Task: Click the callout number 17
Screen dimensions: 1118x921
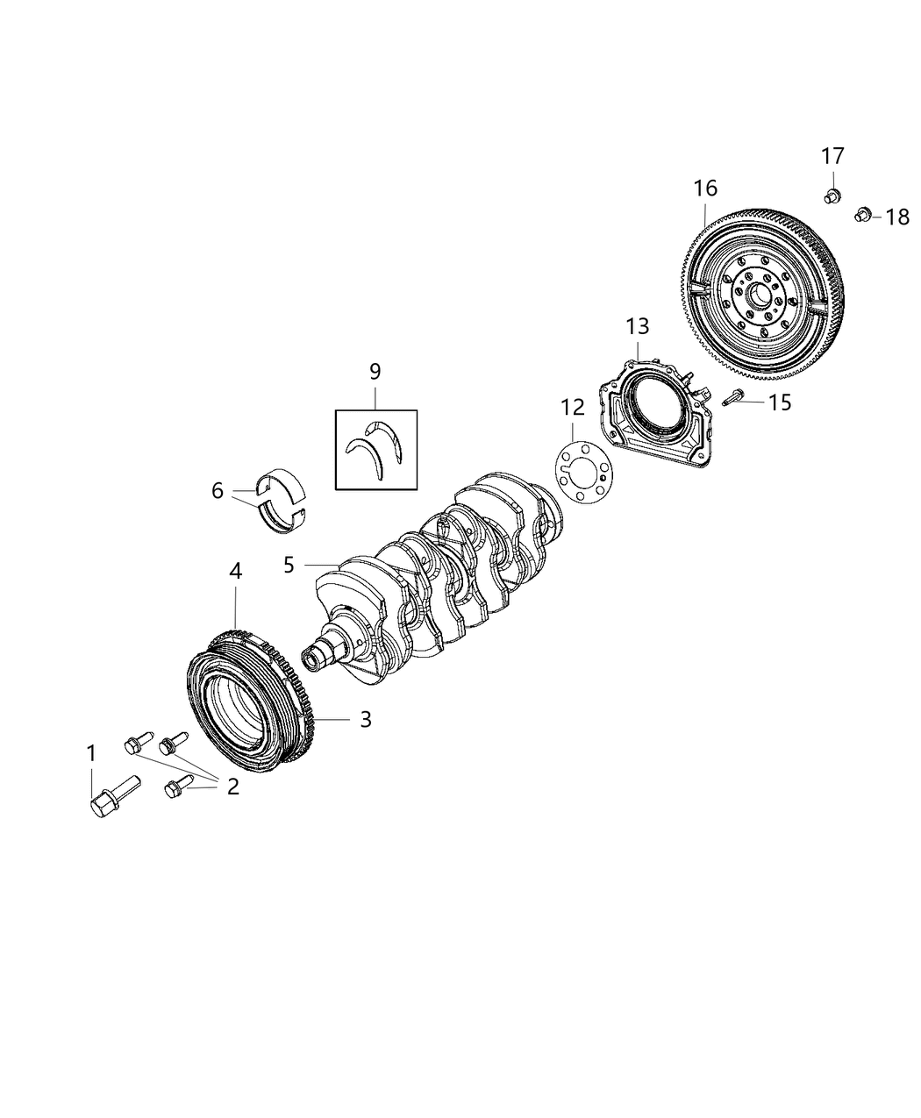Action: pyautogui.click(x=832, y=156)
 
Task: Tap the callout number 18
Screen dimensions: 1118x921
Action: pyautogui.click(x=896, y=217)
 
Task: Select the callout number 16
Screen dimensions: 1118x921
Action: pyautogui.click(x=705, y=188)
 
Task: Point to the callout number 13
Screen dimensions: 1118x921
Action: pyautogui.click(x=638, y=326)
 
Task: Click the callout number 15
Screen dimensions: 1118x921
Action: pyautogui.click(x=780, y=402)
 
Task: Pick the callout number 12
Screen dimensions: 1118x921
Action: pyautogui.click(x=572, y=407)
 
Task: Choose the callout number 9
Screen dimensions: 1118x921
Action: pyautogui.click(x=375, y=371)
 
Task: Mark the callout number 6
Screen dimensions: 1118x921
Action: pyautogui.click(x=218, y=491)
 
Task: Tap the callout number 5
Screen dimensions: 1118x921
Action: pyautogui.click(x=289, y=564)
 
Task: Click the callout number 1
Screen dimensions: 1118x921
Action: pyautogui.click(x=90, y=752)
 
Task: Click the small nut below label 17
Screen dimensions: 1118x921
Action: pyautogui.click(x=832, y=194)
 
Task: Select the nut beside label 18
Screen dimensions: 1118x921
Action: pyautogui.click(x=862, y=213)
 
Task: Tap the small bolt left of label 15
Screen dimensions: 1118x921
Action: pyautogui.click(x=734, y=397)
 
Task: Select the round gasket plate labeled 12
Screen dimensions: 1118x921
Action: pyautogui.click(x=583, y=466)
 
